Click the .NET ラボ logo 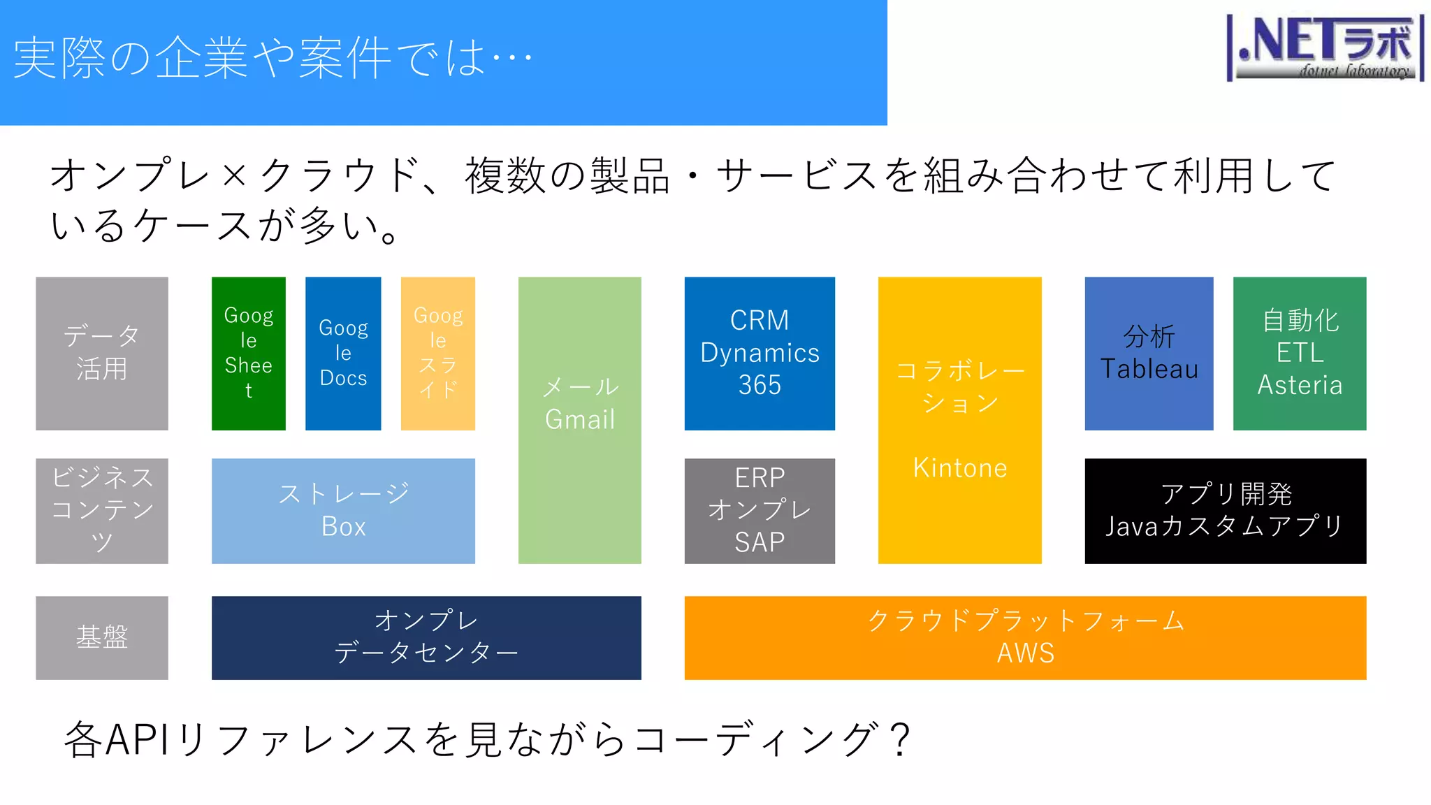[x=1325, y=48]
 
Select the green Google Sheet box [x=249, y=353]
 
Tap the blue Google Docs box [x=343, y=353]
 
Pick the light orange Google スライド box [x=438, y=353]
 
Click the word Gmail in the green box [x=580, y=419]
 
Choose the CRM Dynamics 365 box [x=760, y=353]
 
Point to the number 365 [x=760, y=385]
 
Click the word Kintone [x=960, y=467]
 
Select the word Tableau [x=1149, y=369]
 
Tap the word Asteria [x=1300, y=385]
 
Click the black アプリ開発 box [x=1225, y=511]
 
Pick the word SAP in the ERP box [x=760, y=542]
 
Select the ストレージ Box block [x=343, y=511]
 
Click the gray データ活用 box [x=102, y=353]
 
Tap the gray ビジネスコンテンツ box [x=102, y=511]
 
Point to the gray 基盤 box [x=102, y=637]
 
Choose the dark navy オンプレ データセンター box [x=426, y=637]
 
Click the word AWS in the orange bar [x=1025, y=653]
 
